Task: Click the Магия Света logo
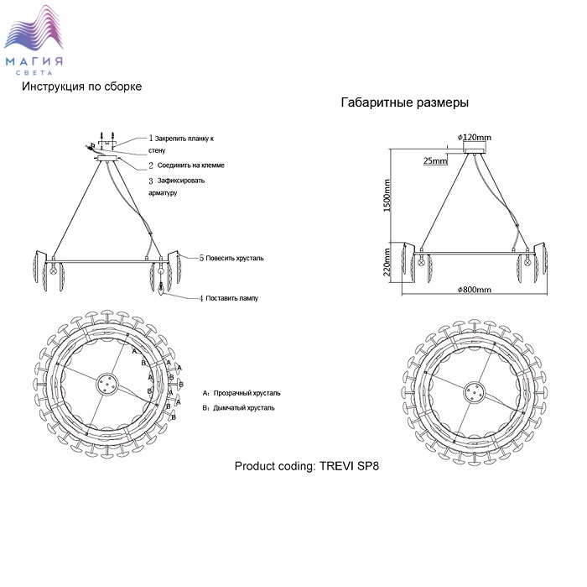pyautogui.click(x=34, y=40)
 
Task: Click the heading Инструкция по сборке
pyautogui.click(x=81, y=86)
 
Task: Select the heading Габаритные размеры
pyautogui.click(x=405, y=102)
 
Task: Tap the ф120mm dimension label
pyautogui.click(x=474, y=137)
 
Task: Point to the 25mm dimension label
pyautogui.click(x=435, y=160)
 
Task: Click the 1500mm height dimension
pyautogui.click(x=387, y=196)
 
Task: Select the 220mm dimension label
pyautogui.click(x=387, y=262)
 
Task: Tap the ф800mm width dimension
pyautogui.click(x=474, y=290)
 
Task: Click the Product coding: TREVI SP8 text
pyautogui.click(x=307, y=466)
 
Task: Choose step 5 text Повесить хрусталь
pyautogui.click(x=231, y=258)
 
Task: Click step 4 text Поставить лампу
pyautogui.click(x=229, y=298)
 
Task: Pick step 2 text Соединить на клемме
pyautogui.click(x=186, y=165)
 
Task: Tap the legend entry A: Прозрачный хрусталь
pyautogui.click(x=242, y=393)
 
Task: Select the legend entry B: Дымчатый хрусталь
pyautogui.click(x=238, y=408)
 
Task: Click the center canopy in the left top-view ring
pyautogui.click(x=107, y=385)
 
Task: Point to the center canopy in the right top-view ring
pyautogui.click(x=475, y=392)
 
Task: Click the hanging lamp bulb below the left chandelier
pyautogui.click(x=161, y=289)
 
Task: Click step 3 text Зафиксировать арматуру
pyautogui.click(x=177, y=186)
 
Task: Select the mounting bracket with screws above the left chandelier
pyautogui.click(x=107, y=139)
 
